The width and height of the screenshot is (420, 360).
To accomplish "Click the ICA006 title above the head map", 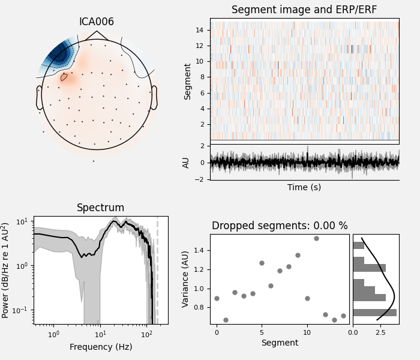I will point(96,22).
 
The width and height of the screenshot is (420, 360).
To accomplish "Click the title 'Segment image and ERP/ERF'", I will point(304,10).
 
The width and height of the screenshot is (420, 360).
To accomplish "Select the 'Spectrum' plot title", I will point(100,208).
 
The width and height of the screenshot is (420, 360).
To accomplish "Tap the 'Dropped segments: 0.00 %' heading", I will point(280,226).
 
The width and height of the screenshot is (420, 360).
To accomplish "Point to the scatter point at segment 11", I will point(316,238).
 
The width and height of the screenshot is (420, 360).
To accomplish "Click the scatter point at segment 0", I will point(217,298).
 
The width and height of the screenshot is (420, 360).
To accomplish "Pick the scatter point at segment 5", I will point(262,263).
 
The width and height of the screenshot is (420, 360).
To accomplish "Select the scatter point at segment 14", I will point(343,316).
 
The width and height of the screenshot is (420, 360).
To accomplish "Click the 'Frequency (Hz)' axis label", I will point(100,347).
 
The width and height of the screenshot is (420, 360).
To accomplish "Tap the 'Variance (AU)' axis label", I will point(186,279).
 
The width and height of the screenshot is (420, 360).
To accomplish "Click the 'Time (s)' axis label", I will point(304,187).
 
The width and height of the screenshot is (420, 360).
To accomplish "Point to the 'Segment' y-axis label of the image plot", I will point(188,81).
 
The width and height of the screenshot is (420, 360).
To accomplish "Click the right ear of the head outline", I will point(154,97).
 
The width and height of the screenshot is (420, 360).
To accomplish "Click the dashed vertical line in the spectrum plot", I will point(157,270).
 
